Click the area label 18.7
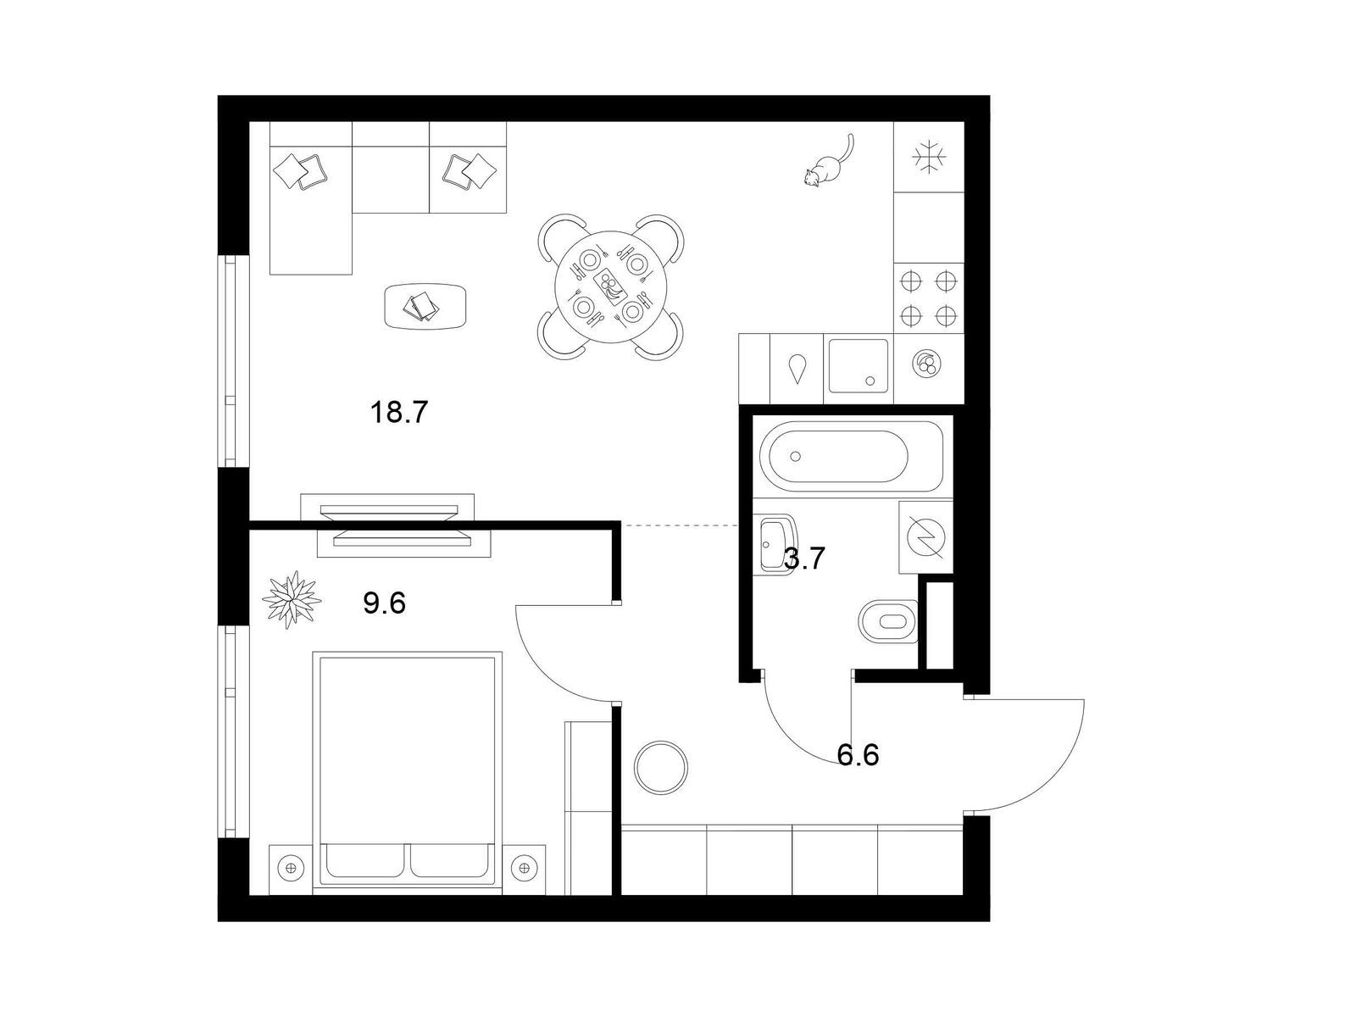point(398,412)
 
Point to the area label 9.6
point(384,603)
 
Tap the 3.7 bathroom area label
point(804,559)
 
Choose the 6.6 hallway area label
point(858,754)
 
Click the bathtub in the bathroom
point(851,456)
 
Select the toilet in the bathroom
point(888,620)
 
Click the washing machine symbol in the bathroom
point(925,537)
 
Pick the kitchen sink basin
point(858,365)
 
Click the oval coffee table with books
point(426,307)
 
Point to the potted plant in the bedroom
point(292,599)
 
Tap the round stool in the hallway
point(661,768)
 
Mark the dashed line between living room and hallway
point(680,525)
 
